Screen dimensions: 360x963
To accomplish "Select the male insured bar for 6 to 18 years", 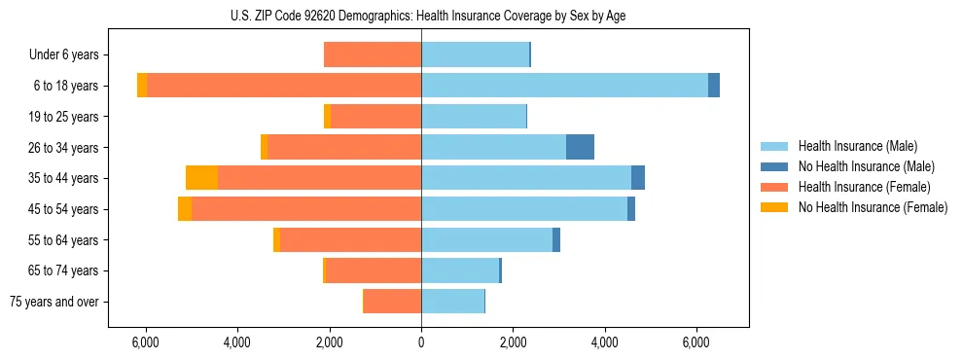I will (x=564, y=86).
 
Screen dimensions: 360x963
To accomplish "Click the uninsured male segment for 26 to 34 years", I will (x=580, y=147).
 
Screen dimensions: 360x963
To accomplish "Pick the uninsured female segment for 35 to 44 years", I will (x=201, y=178).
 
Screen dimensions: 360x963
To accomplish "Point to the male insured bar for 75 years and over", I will (x=452, y=302).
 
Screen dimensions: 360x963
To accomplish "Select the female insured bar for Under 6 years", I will (x=373, y=54).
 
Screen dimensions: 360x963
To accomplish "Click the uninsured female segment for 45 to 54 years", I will (x=185, y=209).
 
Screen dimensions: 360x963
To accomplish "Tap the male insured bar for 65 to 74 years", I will (x=459, y=270).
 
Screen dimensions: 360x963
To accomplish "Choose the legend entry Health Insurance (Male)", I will (x=857, y=146).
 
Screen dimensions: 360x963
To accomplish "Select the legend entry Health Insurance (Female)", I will (x=864, y=187).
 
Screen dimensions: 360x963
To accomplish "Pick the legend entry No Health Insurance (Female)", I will (x=873, y=207).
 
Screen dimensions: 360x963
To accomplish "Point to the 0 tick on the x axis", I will (x=421, y=342).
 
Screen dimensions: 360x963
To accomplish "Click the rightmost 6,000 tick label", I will (x=696, y=342).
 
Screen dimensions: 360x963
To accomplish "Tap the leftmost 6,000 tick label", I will (x=145, y=342).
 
